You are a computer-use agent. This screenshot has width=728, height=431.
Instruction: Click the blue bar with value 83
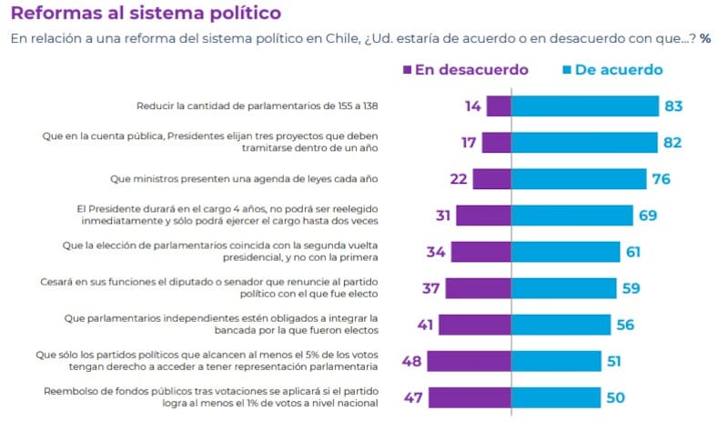(584, 106)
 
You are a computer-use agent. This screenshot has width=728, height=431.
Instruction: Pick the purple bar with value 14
(499, 106)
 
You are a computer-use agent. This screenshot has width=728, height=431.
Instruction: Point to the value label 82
(673, 143)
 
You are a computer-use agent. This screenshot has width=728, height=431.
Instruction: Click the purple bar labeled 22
(491, 179)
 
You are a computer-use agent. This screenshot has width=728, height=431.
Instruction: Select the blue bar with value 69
(571, 215)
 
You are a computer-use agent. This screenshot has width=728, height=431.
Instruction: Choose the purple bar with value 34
(480, 252)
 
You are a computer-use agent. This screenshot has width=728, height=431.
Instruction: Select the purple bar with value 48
(468, 361)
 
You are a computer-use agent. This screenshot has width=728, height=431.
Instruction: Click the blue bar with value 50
(555, 397)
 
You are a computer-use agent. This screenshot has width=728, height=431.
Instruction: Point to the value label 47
(412, 397)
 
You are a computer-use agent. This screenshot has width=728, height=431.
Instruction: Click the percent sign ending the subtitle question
(705, 40)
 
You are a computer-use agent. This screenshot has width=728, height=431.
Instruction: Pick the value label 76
(661, 179)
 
